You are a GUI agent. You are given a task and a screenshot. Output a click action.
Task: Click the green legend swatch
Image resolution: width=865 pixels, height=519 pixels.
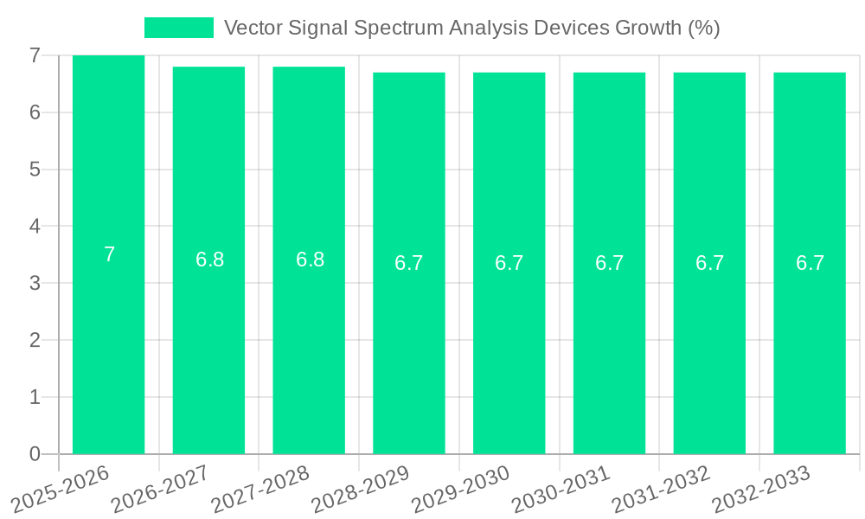(x=179, y=28)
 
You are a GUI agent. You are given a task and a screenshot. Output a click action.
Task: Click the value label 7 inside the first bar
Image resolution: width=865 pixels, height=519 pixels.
(x=109, y=254)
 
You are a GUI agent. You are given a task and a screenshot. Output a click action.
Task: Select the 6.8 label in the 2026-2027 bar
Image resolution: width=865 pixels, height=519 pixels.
(x=209, y=259)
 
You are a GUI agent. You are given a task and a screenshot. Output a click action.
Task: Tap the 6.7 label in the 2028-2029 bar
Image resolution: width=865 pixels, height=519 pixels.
(x=409, y=263)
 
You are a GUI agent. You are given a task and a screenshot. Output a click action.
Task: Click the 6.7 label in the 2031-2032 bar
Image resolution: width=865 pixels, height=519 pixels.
(x=709, y=263)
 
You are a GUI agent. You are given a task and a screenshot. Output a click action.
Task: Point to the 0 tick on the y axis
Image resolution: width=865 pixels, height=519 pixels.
(x=35, y=454)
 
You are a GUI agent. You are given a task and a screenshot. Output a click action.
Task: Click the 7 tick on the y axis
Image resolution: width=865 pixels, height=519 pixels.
(x=35, y=55)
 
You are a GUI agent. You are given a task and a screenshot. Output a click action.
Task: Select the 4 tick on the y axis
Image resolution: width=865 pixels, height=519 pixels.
(x=35, y=227)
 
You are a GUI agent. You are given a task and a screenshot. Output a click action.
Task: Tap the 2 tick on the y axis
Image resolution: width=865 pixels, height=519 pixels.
(x=35, y=340)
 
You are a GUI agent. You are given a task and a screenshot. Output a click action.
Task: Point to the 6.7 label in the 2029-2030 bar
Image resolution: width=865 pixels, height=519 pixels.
(x=509, y=263)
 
